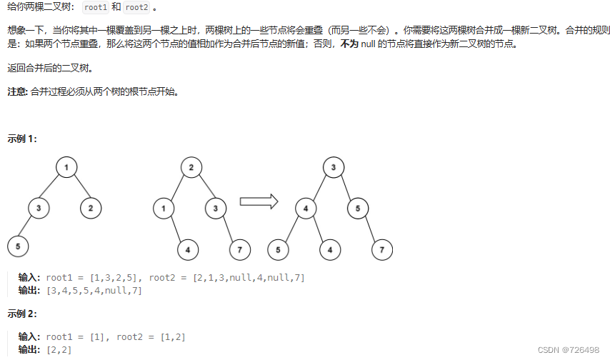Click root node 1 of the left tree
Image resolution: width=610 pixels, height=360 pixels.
(66, 168)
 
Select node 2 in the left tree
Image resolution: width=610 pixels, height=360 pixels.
(91, 209)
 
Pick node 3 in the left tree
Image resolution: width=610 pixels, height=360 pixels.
(39, 209)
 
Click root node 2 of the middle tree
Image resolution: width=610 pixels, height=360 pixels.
(191, 168)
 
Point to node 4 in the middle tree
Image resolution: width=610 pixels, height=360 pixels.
(188, 250)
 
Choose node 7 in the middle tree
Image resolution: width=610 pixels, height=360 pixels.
(239, 250)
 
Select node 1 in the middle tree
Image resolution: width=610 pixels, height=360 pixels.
(164, 209)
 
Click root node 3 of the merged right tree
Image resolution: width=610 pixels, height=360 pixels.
(333, 168)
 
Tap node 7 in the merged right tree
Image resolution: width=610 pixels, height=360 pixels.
(382, 250)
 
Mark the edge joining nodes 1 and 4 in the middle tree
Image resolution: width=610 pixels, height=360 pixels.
(176, 229)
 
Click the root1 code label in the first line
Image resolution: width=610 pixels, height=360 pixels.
(96, 7)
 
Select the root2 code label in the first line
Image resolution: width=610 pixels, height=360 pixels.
(136, 7)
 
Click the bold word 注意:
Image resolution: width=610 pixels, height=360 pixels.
(17, 92)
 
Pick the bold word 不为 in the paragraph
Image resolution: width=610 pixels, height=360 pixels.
(349, 44)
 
